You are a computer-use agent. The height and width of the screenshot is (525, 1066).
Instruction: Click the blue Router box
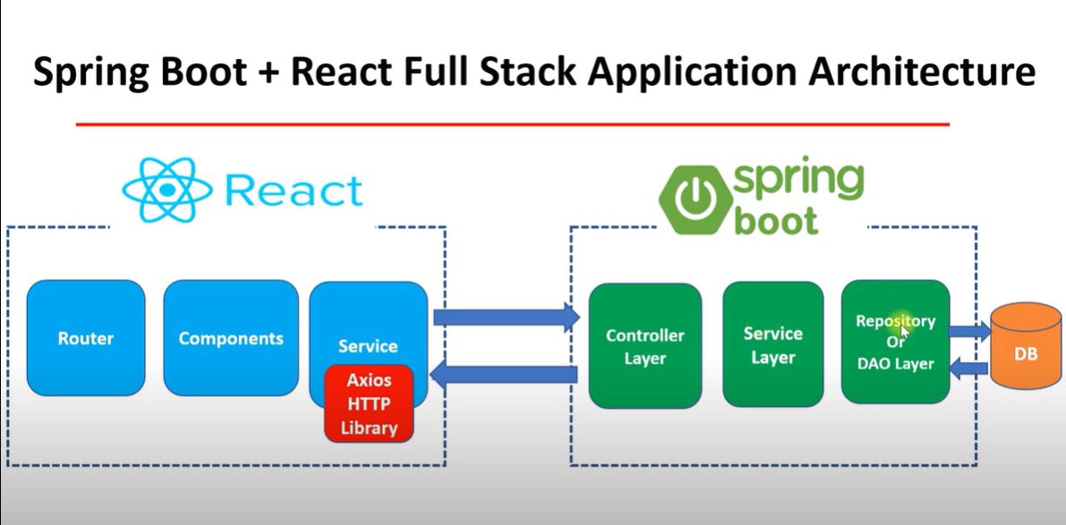[86, 338]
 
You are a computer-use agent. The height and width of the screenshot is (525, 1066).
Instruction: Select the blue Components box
[231, 338]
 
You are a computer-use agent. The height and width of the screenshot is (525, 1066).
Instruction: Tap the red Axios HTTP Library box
[369, 404]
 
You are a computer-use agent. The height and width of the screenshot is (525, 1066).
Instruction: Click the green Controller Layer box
[644, 346]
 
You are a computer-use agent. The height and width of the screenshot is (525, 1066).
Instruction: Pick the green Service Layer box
[772, 344]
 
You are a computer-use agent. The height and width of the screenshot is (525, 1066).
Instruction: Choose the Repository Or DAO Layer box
[895, 342]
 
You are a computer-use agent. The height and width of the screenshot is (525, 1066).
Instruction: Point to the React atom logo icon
[167, 190]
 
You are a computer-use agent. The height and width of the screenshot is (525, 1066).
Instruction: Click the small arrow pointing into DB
[968, 332]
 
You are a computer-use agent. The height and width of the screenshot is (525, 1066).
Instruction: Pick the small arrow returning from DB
[968, 365]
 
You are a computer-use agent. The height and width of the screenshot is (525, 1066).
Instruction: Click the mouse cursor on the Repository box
[905, 331]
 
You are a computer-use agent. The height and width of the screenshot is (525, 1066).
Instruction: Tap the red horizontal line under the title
[512, 124]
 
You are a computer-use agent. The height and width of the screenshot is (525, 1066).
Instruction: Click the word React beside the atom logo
[294, 191]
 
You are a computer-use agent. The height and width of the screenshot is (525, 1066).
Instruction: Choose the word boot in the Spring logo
[777, 219]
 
